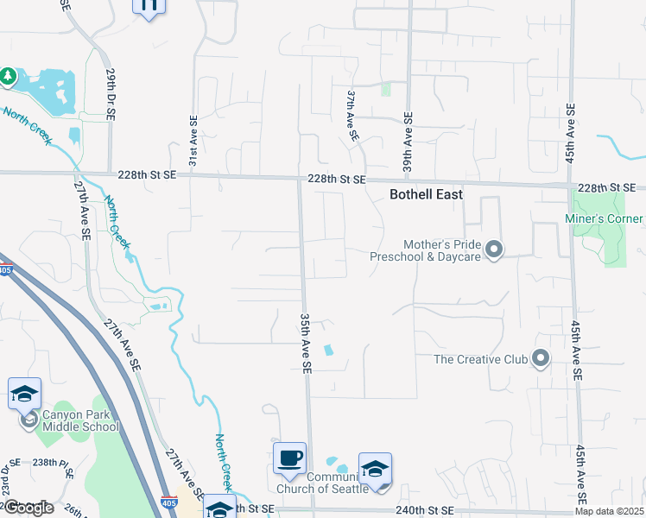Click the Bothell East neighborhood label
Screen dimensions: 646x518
[x=426, y=194]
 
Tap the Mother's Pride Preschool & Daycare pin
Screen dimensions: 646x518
[x=493, y=250]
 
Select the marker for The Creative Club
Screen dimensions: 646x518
[x=541, y=358]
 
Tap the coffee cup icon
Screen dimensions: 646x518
[x=289, y=458]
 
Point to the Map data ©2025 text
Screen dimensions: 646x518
[x=609, y=511]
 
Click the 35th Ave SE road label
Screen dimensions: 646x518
[x=306, y=343]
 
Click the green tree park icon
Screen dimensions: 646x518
[x=8, y=77]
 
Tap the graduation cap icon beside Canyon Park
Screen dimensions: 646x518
[x=24, y=394]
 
